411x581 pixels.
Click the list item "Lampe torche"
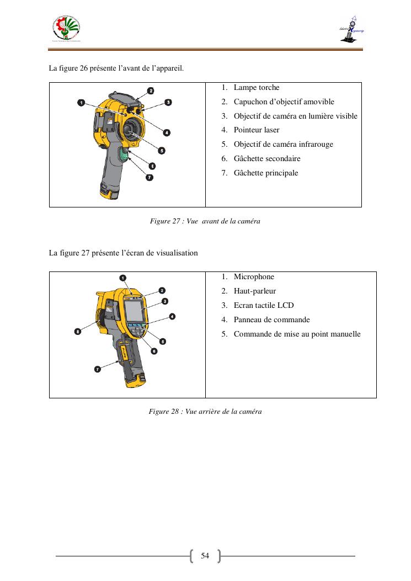tap(256, 88)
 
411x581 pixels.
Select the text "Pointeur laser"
tap(256, 130)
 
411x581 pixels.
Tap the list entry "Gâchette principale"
tap(265, 173)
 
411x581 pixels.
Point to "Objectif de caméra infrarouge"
tap(283, 145)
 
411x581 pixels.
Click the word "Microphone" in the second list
tap(253, 277)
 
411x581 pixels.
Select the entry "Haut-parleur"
tap(254, 291)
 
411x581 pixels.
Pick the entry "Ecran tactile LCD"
tap(263, 306)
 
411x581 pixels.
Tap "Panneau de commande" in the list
tap(271, 320)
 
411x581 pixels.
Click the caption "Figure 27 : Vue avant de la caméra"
tap(205, 221)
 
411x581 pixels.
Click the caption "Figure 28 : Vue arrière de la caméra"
tap(205, 412)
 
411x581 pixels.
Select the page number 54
tap(205, 556)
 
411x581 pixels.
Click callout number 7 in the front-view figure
tap(149, 177)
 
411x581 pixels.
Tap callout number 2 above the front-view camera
tap(150, 90)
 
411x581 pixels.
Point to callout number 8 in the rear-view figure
tap(78, 331)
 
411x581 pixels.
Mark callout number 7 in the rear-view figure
tap(98, 369)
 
